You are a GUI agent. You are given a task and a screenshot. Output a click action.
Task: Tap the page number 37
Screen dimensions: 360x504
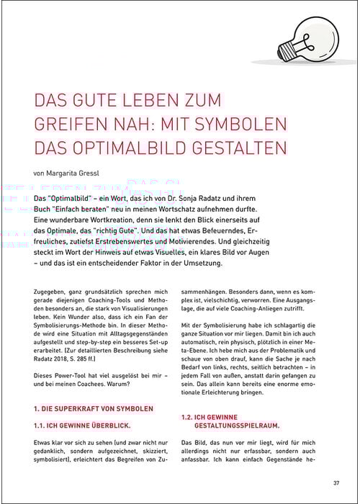pyautogui.click(x=336, y=482)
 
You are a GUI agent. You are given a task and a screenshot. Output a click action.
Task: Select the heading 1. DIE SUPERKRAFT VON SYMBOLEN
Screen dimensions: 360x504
pyautogui.click(x=94, y=409)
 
